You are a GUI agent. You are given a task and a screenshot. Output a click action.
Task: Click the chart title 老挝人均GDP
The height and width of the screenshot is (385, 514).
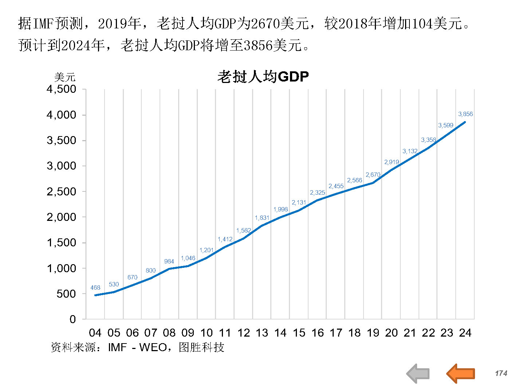pos(263,77)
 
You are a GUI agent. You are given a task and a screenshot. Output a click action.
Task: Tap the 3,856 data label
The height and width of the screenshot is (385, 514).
pos(465,114)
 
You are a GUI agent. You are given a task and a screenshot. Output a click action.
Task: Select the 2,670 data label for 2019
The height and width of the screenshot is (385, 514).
pos(373,175)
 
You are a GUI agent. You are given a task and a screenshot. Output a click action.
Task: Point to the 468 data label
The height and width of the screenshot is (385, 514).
pos(95,287)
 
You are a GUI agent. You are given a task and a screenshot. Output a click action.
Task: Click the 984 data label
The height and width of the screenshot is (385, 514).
pos(169,261)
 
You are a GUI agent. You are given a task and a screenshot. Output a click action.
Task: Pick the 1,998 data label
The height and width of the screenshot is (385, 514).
pos(280,209)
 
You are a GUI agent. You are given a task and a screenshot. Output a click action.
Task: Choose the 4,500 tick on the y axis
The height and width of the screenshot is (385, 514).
pos(61,89)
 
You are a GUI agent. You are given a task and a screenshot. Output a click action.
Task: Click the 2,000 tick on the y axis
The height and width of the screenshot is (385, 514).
pos(61,217)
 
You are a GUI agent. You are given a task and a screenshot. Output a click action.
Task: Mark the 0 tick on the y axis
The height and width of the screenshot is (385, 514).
pos(72,319)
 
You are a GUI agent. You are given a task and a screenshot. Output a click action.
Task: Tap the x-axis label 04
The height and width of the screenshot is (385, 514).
pos(95,333)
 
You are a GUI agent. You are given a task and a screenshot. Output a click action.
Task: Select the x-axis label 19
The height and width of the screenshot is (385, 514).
pos(373,333)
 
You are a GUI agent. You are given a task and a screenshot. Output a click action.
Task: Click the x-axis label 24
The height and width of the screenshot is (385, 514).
pos(465,333)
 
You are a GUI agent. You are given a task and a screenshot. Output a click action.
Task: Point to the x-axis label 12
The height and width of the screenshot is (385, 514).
pos(243,333)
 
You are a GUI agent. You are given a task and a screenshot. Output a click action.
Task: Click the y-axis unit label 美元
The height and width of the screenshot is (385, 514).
pos(64,77)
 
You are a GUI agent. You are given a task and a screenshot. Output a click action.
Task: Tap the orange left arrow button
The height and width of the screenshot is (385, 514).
pos(461,373)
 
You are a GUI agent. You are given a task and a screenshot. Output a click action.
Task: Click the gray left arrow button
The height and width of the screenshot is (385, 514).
pos(418,373)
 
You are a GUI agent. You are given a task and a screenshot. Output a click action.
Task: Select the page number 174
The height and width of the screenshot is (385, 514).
pos(501,373)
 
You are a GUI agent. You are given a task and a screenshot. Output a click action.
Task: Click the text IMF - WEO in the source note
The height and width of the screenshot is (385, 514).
pos(138,347)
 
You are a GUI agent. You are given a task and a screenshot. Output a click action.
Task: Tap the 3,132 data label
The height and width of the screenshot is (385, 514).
pos(410,151)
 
